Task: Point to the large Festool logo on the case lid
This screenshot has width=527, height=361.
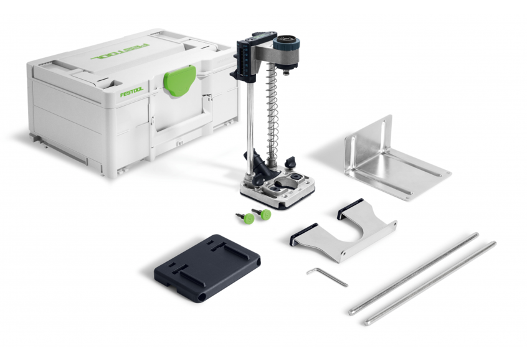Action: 120,52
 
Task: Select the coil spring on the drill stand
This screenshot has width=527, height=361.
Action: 272,111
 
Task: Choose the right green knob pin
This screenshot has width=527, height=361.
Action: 263,214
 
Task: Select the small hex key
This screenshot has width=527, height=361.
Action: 327,276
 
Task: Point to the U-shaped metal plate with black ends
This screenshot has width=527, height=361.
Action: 343,231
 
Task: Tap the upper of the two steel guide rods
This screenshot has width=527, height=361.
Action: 414,273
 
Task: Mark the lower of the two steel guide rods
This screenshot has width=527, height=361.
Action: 430,283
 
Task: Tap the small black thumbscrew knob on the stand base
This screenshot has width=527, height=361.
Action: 290,162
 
